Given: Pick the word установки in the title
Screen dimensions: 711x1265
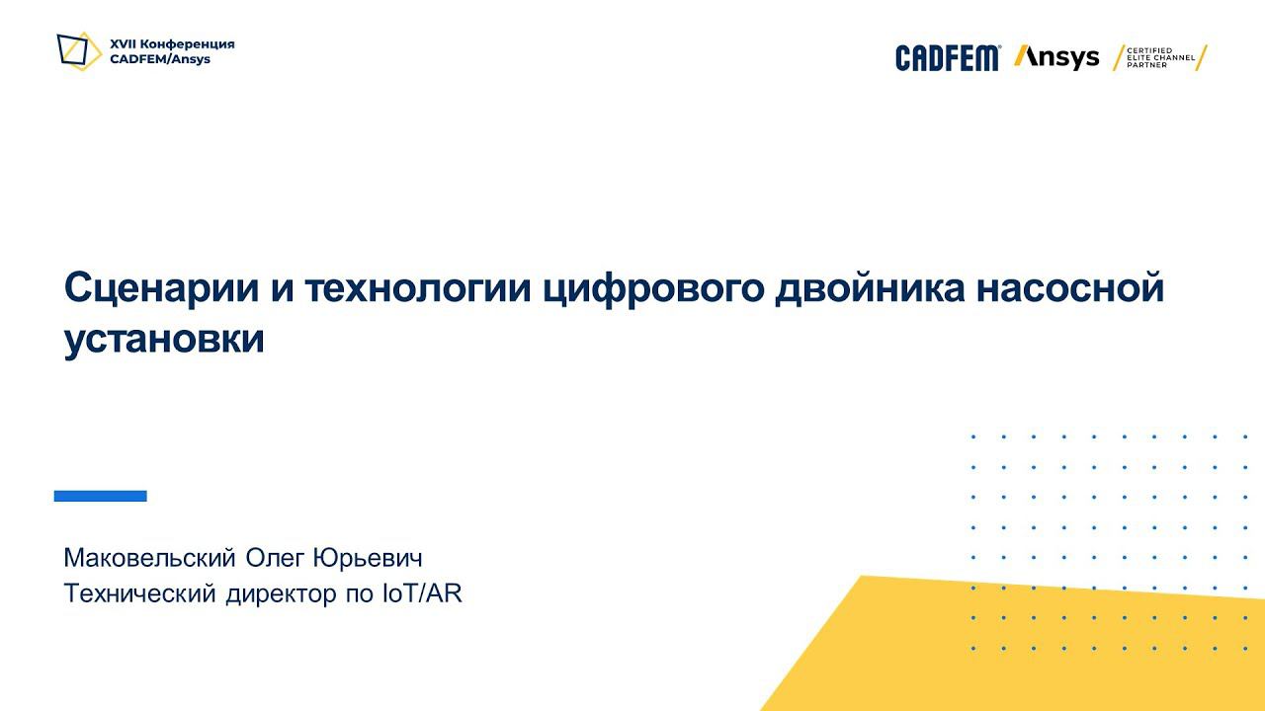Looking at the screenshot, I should pyautogui.click(x=164, y=340).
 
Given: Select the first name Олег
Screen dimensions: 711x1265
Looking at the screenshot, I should pyautogui.click(x=275, y=558).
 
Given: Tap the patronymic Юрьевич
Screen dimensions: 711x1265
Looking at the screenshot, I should pyautogui.click(x=368, y=558).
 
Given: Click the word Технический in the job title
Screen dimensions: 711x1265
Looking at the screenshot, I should pyautogui.click(x=140, y=594).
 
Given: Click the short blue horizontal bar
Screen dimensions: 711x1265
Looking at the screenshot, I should pyautogui.click(x=100, y=496).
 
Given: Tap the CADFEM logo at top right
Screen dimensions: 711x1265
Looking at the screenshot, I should pyautogui.click(x=948, y=58).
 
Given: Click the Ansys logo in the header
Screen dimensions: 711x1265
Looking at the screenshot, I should pyautogui.click(x=1056, y=57).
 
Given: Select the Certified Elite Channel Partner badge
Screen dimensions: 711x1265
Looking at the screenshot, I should pyautogui.click(x=1160, y=57).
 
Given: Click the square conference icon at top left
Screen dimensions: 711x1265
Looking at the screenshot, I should pyautogui.click(x=79, y=50).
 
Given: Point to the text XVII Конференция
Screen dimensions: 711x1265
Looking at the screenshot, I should pyautogui.click(x=172, y=44).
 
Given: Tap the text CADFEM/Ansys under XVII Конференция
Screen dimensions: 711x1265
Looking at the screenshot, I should pyautogui.click(x=160, y=59).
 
